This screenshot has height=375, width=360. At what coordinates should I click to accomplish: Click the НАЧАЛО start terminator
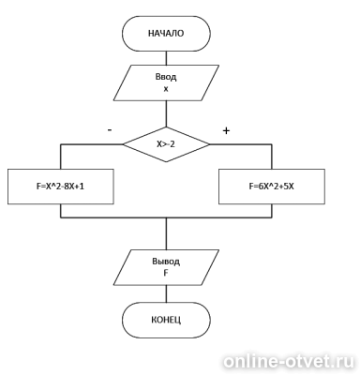[x=166, y=34]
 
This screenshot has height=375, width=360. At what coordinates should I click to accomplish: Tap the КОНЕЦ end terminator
[x=166, y=320]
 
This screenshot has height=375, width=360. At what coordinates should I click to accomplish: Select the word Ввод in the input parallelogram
[x=166, y=77]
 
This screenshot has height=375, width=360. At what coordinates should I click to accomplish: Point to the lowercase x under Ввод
[x=166, y=89]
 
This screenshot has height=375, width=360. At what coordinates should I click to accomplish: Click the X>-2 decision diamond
[x=166, y=144]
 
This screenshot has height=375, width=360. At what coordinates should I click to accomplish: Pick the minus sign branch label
[x=110, y=129]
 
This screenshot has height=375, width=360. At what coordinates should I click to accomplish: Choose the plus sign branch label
[x=226, y=130]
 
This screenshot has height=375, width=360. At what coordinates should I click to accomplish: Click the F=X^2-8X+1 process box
[x=61, y=187]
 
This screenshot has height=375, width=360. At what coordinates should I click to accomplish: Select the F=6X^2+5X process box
[x=272, y=187]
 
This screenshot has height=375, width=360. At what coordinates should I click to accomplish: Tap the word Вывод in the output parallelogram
[x=166, y=262]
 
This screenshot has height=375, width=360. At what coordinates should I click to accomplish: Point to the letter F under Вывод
[x=166, y=273]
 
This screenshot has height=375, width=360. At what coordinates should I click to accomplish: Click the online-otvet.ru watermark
[x=289, y=362]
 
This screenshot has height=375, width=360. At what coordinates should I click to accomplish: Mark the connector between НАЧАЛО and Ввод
[x=166, y=58]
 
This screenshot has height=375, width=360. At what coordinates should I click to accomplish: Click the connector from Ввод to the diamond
[x=166, y=113]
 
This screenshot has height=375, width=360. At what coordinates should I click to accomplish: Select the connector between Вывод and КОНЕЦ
[x=166, y=293]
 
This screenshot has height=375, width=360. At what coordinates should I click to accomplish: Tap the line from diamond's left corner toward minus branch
[x=92, y=144]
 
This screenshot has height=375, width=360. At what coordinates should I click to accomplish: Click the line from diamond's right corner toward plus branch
[x=241, y=144]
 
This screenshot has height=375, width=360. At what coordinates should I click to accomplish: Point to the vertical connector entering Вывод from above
[x=166, y=233]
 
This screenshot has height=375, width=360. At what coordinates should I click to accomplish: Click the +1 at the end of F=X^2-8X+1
[x=80, y=187]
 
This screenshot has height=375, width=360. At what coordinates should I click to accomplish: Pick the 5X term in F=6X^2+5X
[x=289, y=187]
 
